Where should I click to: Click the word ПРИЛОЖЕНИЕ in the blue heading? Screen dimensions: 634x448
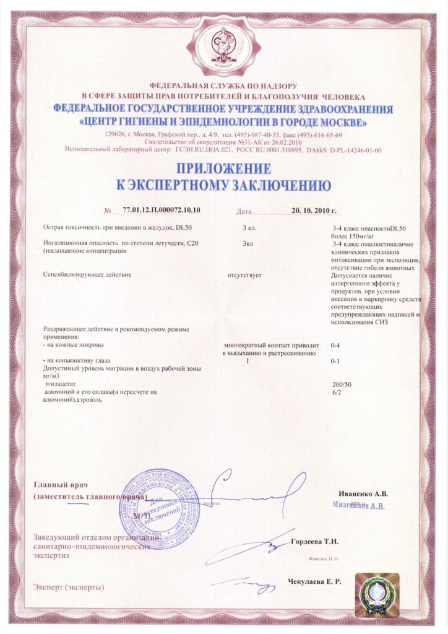[223, 169]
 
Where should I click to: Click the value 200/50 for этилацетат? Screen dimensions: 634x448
[342, 384]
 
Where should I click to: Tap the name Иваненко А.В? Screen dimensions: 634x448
[364, 493]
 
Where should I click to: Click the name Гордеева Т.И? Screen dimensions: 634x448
[315, 542]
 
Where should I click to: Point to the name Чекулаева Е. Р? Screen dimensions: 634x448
[314, 582]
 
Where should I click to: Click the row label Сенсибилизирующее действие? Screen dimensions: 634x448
[88, 273]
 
